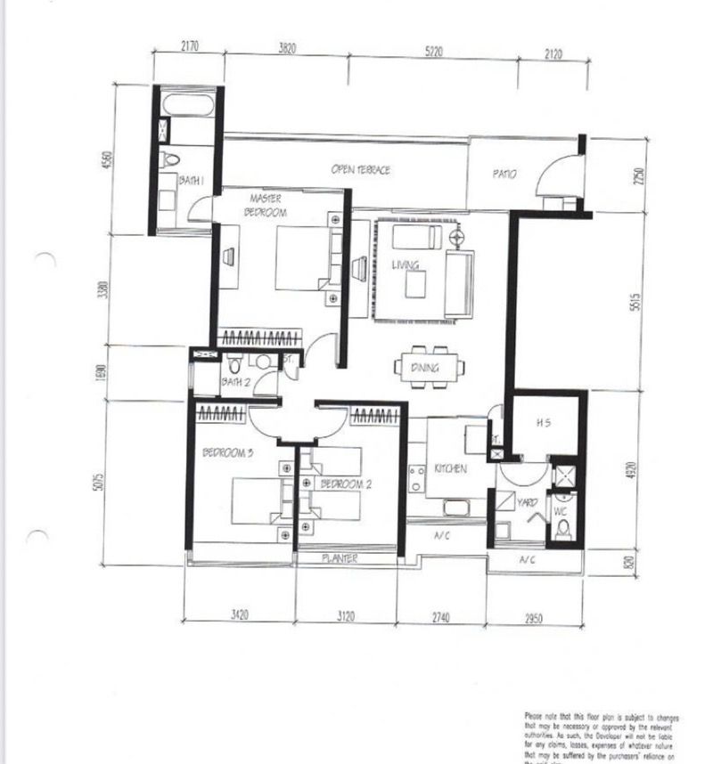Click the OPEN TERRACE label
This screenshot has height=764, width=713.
pyautogui.click(x=360, y=170)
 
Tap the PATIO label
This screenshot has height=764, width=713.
pyautogui.click(x=504, y=175)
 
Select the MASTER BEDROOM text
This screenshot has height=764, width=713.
pyautogui.click(x=266, y=207)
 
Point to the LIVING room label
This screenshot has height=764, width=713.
pyautogui.click(x=406, y=264)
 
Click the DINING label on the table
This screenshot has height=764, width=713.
pyautogui.click(x=424, y=368)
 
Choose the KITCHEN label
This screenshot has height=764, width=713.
pyautogui.click(x=450, y=468)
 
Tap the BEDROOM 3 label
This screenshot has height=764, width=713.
pyautogui.click(x=228, y=453)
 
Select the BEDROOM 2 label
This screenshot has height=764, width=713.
pyautogui.click(x=345, y=484)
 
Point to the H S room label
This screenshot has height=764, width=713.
pyautogui.click(x=543, y=424)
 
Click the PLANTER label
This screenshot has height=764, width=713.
pyautogui.click(x=340, y=558)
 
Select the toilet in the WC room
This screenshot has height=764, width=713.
pyautogui.click(x=562, y=530)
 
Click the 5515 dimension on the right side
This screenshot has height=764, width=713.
pyautogui.click(x=635, y=303)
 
